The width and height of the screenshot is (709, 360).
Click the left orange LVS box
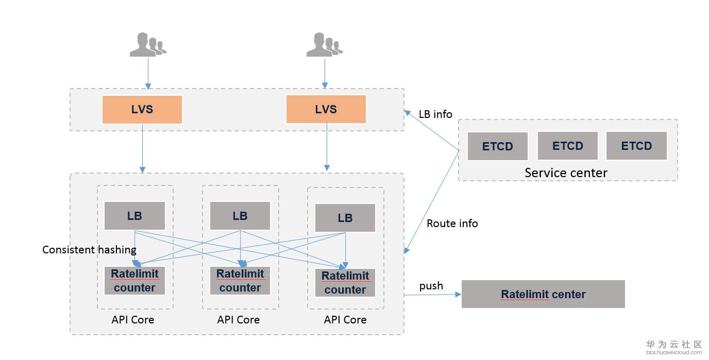(142, 110)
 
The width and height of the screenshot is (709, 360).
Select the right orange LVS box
(326, 109)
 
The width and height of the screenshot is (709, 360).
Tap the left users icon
(147, 45)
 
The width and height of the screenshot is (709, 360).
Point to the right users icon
(324, 45)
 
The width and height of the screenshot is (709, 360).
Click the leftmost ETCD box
(498, 146)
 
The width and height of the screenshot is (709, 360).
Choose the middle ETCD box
(567, 146)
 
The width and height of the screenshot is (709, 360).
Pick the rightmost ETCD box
(636, 146)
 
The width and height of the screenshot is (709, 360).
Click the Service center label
(566, 173)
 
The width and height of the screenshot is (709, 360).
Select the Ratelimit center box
(543, 294)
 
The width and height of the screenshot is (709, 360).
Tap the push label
(431, 286)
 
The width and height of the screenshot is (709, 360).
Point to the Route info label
(452, 224)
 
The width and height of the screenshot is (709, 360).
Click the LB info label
(435, 114)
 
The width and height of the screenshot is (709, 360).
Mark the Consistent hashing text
(89, 250)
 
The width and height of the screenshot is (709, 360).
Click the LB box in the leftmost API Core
(134, 216)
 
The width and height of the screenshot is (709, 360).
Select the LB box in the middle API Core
(240, 216)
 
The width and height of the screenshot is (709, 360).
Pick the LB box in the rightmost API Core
(345, 218)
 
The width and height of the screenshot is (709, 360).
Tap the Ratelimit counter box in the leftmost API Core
(134, 281)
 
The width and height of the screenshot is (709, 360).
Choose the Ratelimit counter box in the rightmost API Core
(345, 283)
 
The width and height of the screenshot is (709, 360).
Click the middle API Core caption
(239, 320)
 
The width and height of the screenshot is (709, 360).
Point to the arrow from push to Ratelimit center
(433, 295)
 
